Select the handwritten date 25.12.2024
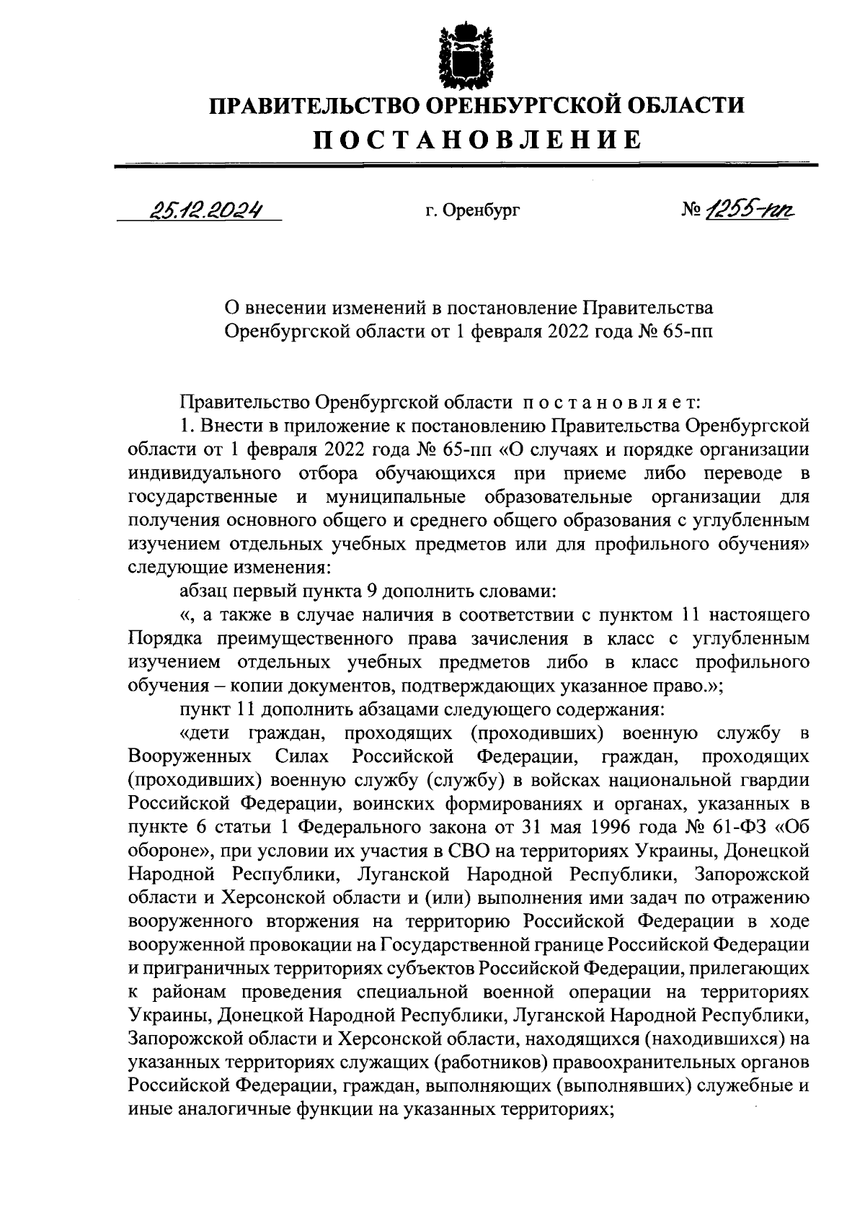pos(205,209)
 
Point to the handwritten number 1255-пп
pos(753,209)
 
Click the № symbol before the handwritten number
pos(690,210)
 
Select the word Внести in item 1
pos(240,424)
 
